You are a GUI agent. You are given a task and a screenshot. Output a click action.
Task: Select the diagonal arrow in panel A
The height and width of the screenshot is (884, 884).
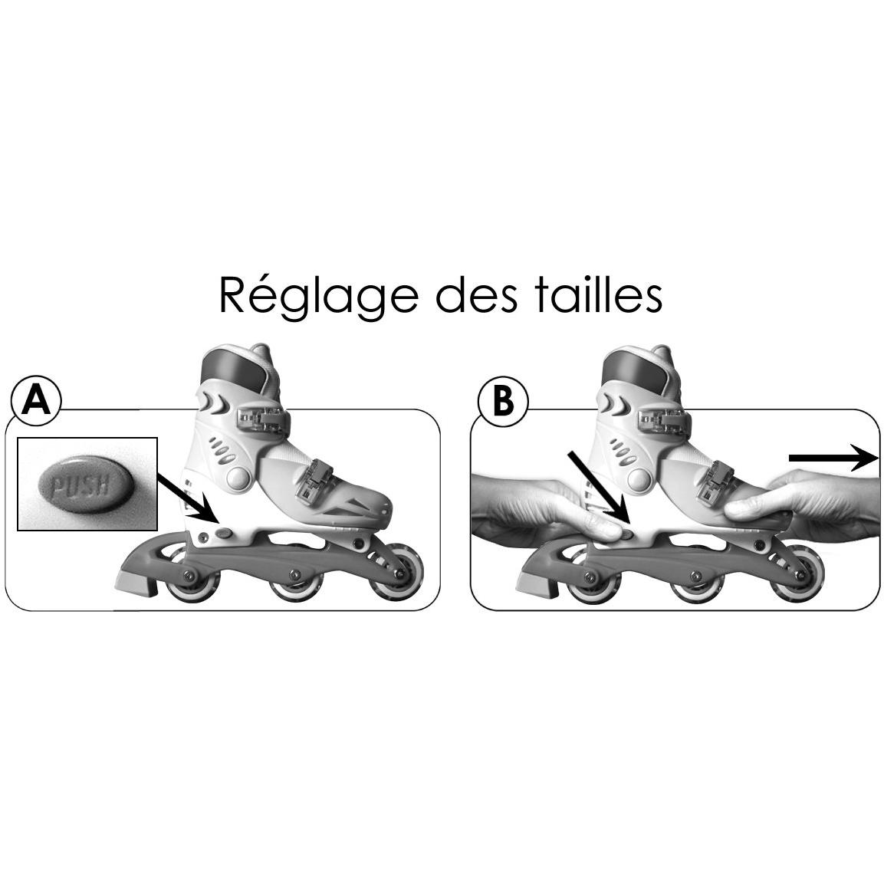tap(187, 498)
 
